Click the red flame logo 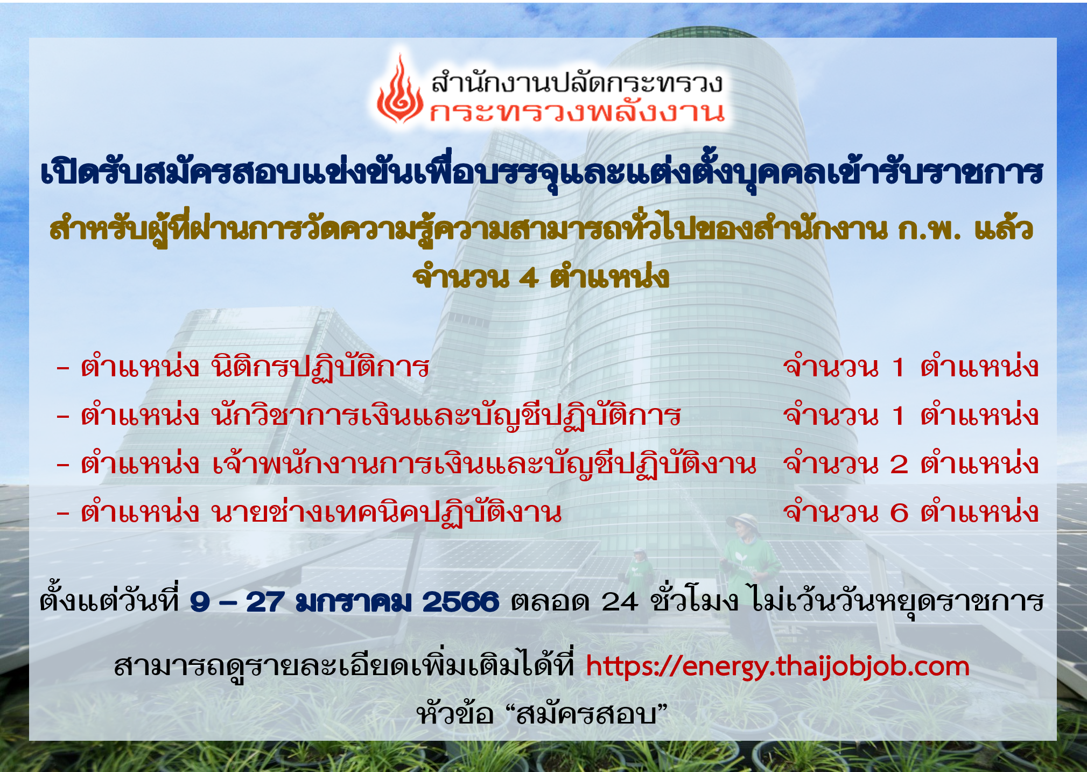(399, 90)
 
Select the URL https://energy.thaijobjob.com (777, 666)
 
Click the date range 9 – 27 (237, 601)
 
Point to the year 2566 (460, 601)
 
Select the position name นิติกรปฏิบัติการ (320, 368)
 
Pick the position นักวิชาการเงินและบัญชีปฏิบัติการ (446, 416)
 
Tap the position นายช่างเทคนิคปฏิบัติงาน (385, 511)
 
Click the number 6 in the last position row (899, 512)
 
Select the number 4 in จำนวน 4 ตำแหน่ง (529, 278)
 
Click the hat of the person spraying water (743, 520)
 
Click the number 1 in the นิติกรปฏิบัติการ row (897, 368)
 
